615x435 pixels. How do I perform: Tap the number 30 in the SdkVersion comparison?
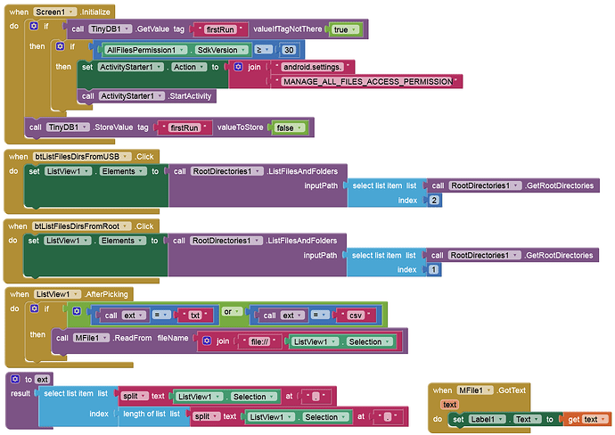pyautogui.click(x=288, y=50)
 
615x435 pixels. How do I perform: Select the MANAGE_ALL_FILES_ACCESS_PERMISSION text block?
pyautogui.click(x=370, y=81)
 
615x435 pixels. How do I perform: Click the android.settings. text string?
pyautogui.click(x=316, y=66)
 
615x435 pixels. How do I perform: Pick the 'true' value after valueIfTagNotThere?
pyautogui.click(x=342, y=29)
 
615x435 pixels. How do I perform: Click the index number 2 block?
pyautogui.click(x=434, y=201)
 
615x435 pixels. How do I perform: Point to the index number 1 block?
pyautogui.click(x=434, y=270)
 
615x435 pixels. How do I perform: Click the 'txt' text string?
pyautogui.click(x=195, y=315)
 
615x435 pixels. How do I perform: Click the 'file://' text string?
pyautogui.click(x=261, y=341)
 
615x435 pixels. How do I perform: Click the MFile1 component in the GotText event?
pyautogui.click(x=473, y=390)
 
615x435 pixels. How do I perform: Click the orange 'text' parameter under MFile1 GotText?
pyautogui.click(x=451, y=405)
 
